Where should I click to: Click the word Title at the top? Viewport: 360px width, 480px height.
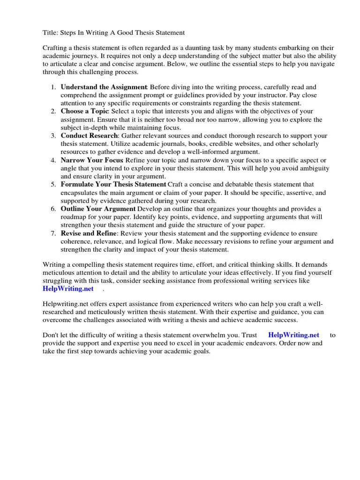51,33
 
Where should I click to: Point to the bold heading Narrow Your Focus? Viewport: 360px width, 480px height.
92,160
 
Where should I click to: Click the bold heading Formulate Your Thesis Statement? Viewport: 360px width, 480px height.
113,185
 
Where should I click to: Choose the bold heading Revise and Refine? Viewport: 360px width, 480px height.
89,233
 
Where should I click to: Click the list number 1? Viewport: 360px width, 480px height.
53,87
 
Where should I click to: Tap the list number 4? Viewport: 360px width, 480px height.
53,160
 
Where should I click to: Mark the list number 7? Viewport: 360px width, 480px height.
53,233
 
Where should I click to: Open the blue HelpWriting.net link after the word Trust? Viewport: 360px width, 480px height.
293,335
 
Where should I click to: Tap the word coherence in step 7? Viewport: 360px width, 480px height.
77,241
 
